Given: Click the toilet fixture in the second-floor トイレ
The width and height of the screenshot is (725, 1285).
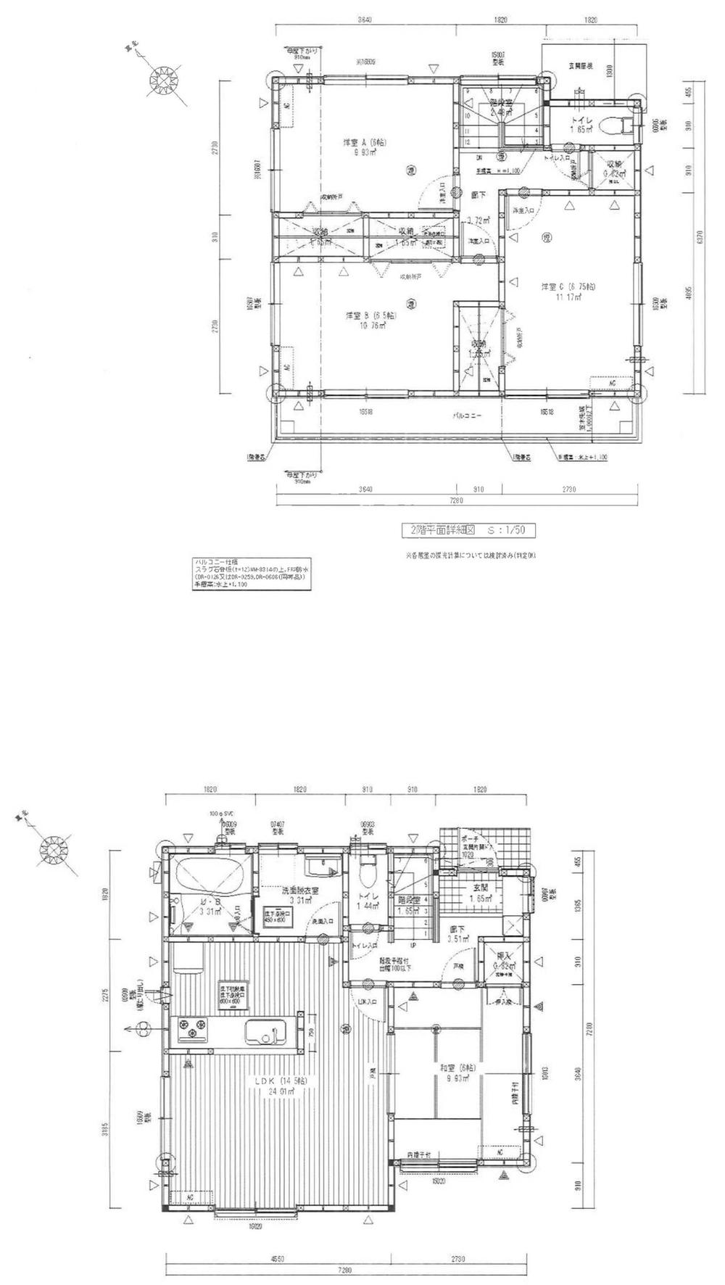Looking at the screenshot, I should click(624, 125).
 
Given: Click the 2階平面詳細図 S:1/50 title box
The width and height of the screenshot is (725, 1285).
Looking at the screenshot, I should click(468, 531).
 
